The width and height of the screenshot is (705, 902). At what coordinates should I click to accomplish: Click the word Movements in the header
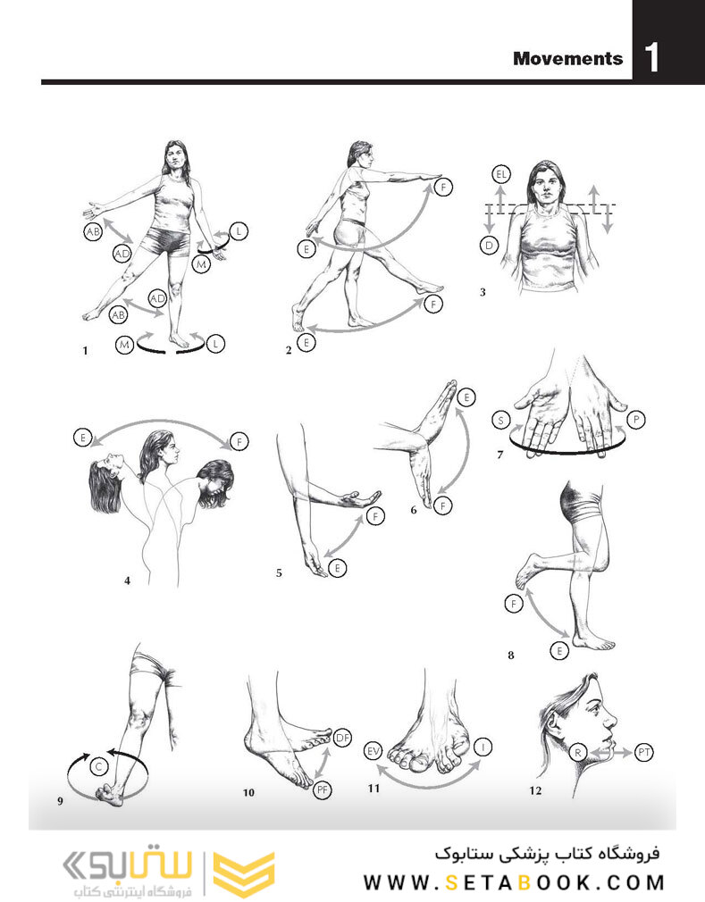567,59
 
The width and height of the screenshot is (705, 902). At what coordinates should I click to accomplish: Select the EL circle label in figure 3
500,174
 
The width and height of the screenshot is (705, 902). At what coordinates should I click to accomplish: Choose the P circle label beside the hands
637,418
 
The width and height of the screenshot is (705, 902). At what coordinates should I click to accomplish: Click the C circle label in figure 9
101,764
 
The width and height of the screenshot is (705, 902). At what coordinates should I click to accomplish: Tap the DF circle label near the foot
343,737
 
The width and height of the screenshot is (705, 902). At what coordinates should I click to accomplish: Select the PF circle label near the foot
323,789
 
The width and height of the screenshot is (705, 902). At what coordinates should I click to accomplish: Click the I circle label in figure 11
483,745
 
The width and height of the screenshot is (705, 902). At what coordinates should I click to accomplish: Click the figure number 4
128,580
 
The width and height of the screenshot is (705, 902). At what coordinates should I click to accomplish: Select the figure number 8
510,655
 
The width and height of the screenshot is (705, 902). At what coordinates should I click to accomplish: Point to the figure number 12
534,790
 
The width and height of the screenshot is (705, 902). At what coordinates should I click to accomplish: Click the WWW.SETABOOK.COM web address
514,882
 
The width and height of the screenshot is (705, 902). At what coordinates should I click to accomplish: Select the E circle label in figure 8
560,651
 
